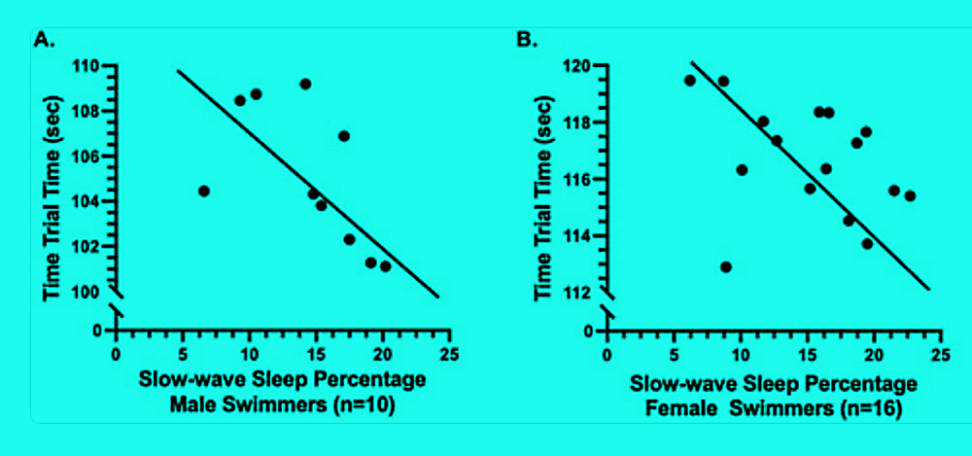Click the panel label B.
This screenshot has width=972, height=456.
coord(526,39)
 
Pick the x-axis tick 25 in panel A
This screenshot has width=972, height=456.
coord(449,354)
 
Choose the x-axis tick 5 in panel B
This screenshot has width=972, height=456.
coord(674,354)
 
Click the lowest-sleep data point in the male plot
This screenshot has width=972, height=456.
coord(204,191)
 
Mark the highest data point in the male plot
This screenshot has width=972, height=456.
coord(305,84)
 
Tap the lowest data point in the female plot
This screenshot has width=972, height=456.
coord(725,266)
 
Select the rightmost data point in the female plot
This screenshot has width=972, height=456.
coord(910,195)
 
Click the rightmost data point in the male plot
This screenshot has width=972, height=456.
coord(386,266)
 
